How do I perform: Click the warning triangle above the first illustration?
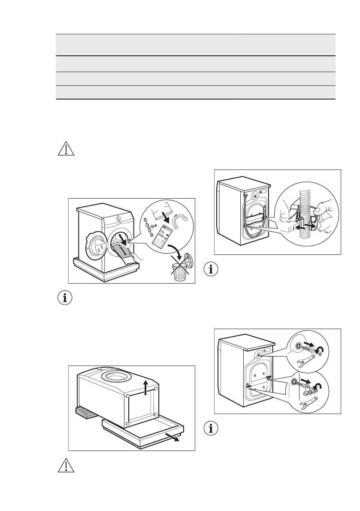(x=65, y=148)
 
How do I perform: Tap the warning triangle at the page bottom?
(x=65, y=467)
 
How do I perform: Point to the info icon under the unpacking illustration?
(x=65, y=298)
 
